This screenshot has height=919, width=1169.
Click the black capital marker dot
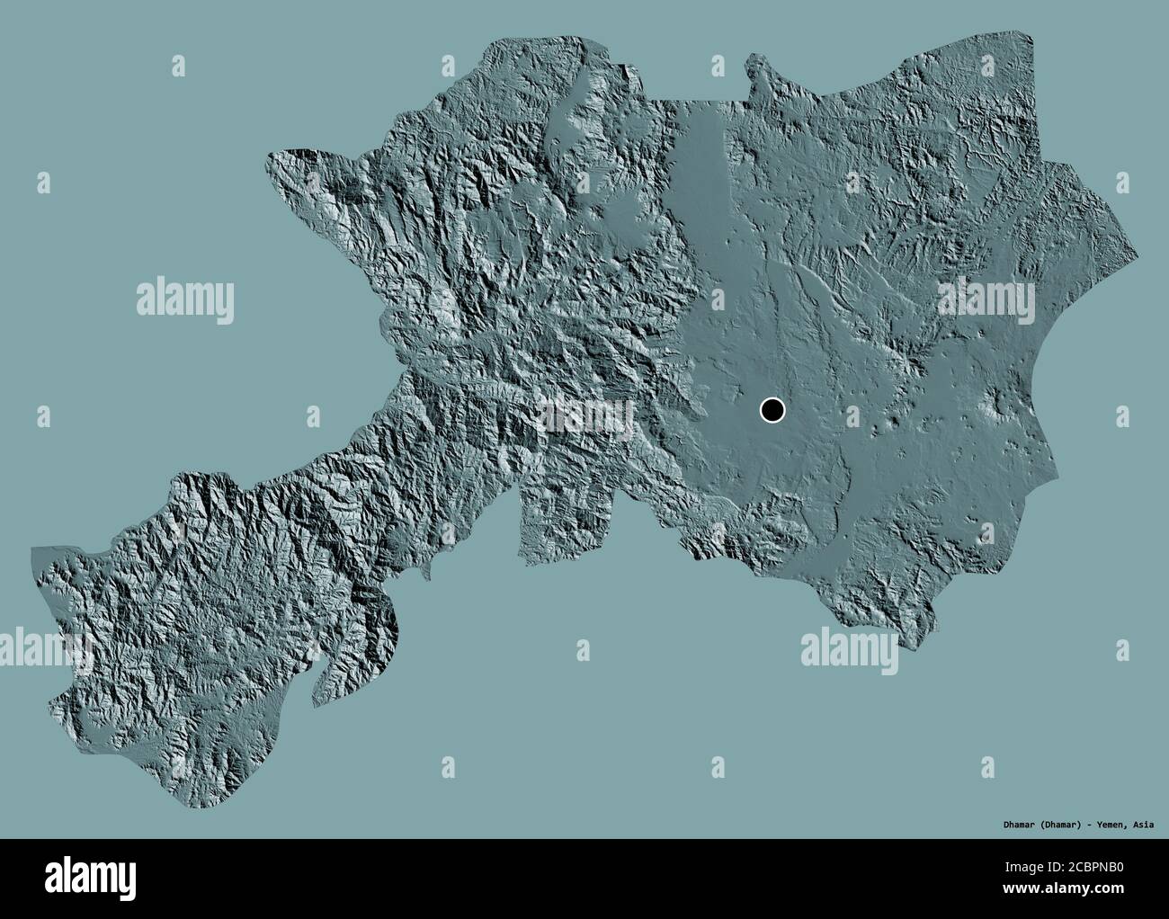[772, 411]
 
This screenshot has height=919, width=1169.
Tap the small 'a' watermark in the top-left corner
[179, 65]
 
